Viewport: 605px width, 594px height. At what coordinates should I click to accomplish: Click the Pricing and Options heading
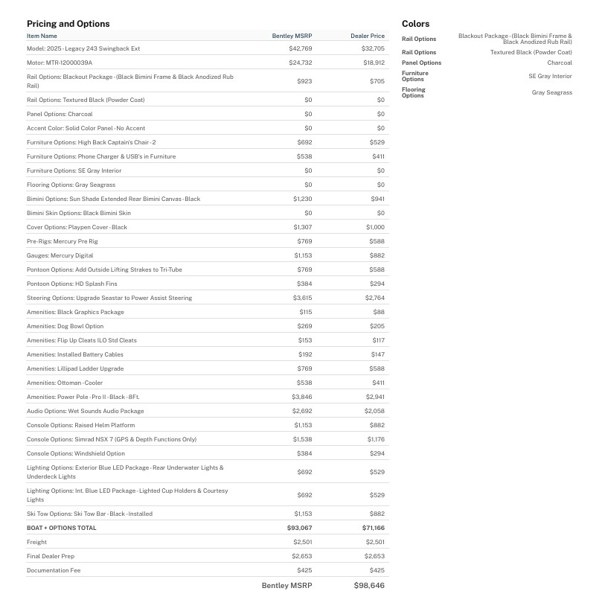point(68,24)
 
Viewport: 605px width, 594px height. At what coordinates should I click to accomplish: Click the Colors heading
point(415,24)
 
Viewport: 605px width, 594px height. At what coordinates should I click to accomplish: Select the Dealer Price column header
point(368,36)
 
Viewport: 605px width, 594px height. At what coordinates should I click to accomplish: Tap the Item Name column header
point(42,36)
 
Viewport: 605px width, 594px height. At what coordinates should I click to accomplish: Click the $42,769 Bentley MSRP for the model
point(300,48)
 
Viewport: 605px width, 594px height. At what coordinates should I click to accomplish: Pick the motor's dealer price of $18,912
point(373,63)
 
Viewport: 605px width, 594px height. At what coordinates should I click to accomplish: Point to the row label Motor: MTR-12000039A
point(60,63)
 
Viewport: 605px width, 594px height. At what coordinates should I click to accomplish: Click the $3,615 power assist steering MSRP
point(302,298)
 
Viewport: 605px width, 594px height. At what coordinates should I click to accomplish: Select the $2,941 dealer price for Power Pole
point(374,397)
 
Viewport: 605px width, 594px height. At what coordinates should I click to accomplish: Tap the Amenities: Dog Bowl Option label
point(65,326)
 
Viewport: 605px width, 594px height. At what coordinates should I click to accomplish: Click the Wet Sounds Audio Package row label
point(86,411)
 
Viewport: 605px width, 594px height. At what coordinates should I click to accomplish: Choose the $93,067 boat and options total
point(299,528)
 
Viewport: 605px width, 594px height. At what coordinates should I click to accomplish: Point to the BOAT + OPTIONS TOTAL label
point(62,528)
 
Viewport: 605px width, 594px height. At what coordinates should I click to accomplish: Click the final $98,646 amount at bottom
point(369,586)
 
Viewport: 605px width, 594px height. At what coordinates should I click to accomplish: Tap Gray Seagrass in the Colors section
point(551,93)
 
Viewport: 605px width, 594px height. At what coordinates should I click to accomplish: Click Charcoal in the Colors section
point(560,63)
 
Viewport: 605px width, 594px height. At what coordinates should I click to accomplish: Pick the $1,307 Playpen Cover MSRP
point(302,227)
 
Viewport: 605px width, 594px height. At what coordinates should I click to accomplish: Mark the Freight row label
point(36,542)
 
